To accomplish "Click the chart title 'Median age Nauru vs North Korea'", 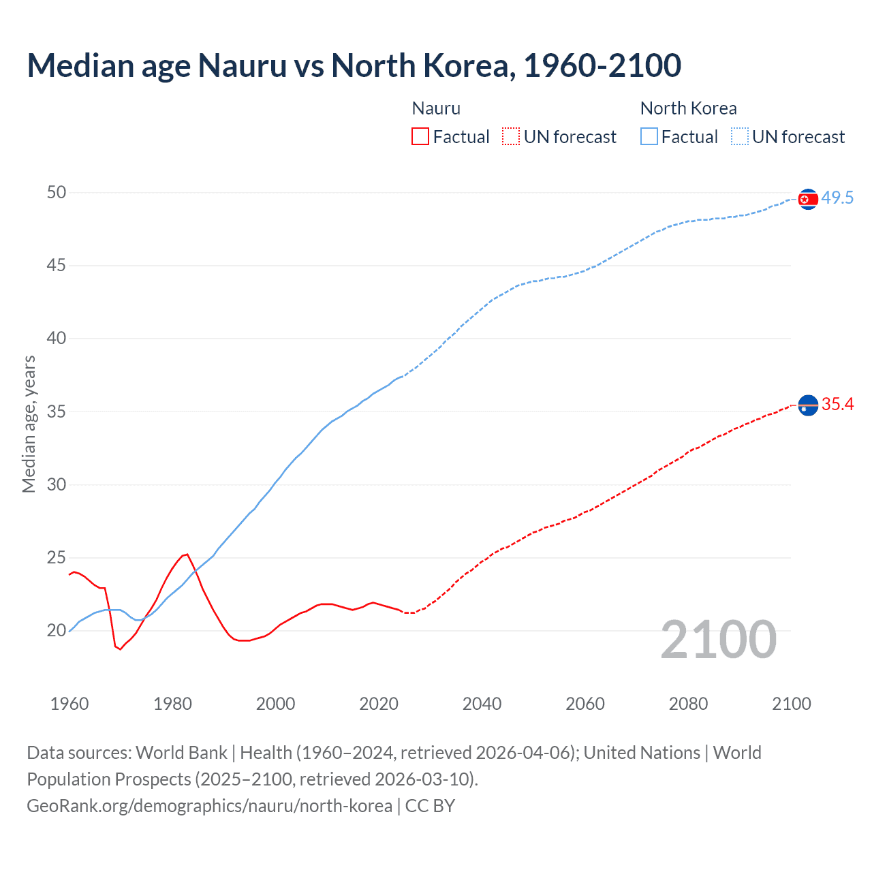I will pos(354,66).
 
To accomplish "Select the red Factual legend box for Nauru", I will pos(420,136).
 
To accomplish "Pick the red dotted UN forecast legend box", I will pos(511,136).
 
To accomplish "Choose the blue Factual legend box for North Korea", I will pos(649,136).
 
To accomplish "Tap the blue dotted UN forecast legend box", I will pos(739,136).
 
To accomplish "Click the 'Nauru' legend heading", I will pos(436,108).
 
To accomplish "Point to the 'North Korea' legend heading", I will pos(688,108).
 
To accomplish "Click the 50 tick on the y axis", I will pos(57,192).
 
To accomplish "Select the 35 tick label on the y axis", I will pos(57,411).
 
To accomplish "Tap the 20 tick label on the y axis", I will pos(57,630).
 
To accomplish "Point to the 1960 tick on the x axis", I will pos(69,704).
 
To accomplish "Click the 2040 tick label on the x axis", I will pos(482,704).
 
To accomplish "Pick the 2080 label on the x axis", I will pos(688,704).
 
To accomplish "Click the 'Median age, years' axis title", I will pos(29,424).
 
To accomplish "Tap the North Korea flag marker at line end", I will pos(807,199).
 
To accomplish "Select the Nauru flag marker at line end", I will pos(807,405).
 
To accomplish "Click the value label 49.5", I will pos(837,198).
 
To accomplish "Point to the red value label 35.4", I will pos(837,405).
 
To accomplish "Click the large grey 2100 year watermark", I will pos(718,639).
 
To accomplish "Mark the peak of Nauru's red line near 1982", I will pos(186,555).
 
